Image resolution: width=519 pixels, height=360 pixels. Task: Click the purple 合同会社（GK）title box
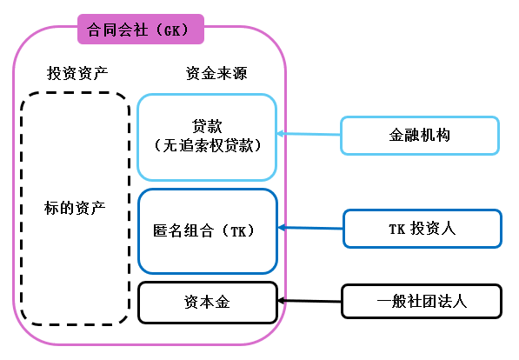point(141,30)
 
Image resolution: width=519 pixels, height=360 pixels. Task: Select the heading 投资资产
point(77,73)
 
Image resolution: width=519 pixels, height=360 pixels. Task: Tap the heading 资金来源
point(216,73)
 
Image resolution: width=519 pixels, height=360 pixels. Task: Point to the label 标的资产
point(75,209)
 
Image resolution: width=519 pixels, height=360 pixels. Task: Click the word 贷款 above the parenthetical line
point(207,126)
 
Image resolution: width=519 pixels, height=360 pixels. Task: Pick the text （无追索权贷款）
point(207,145)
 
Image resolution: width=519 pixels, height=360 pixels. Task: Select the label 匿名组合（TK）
point(203,230)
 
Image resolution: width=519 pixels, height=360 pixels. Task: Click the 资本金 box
point(208,303)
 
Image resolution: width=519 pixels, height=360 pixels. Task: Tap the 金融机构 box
point(420,135)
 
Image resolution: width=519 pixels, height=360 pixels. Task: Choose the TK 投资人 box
point(423,229)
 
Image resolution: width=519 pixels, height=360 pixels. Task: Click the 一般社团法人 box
point(422,302)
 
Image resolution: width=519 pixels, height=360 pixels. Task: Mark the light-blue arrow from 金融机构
point(309,134)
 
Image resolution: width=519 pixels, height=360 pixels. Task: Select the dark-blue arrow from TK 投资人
point(310,228)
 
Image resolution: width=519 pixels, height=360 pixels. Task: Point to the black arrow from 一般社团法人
point(309,301)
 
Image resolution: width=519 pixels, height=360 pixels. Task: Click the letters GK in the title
point(172,30)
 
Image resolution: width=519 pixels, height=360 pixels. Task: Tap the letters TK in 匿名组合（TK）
point(238,231)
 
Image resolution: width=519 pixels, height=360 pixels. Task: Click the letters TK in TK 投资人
point(397,229)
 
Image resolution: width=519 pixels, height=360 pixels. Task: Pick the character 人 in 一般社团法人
point(460,302)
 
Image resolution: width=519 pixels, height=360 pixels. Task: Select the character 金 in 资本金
point(223,303)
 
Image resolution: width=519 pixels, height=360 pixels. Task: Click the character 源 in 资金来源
point(240,73)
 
